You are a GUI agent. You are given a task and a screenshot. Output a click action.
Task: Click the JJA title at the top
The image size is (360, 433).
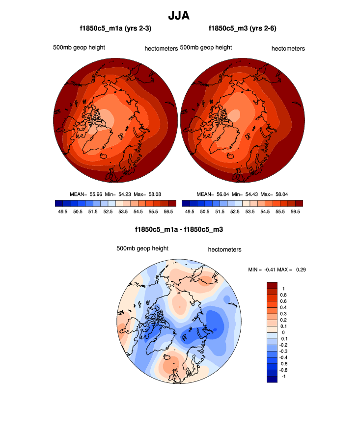click(x=179, y=16)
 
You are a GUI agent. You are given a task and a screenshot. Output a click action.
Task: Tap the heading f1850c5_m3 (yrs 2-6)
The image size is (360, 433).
click(x=242, y=28)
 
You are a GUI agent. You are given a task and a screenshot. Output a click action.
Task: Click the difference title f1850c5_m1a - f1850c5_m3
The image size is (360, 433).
click(x=179, y=229)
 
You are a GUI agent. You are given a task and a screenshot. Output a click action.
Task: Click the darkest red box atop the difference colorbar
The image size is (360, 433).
click(x=272, y=285)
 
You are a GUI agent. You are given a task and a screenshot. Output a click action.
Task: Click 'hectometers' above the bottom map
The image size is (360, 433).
click(x=224, y=249)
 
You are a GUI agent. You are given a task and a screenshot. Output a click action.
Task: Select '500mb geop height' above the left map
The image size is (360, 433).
click(x=79, y=48)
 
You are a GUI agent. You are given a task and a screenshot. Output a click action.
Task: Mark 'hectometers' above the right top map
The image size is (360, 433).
click(x=288, y=49)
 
